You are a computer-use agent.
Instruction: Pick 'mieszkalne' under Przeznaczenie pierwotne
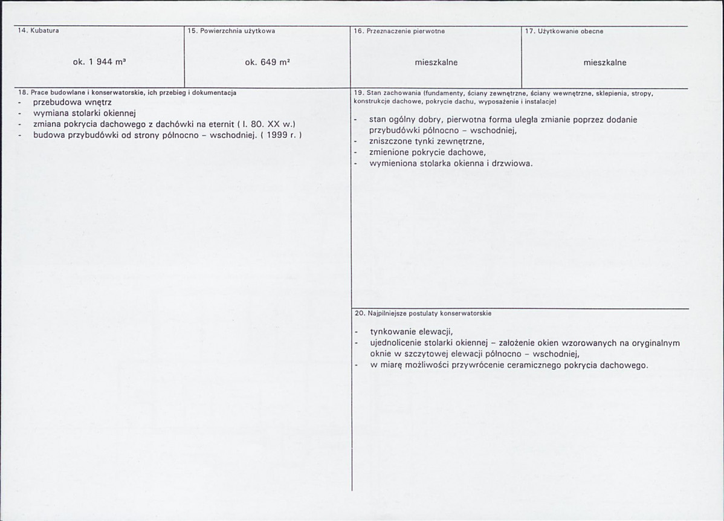[x=436, y=62]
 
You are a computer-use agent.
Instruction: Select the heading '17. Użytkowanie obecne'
[x=564, y=30]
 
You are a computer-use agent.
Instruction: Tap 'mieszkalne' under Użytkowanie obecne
[x=604, y=62]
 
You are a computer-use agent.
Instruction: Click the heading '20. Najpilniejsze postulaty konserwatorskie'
[x=423, y=314]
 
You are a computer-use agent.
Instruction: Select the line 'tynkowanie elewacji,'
[x=411, y=331]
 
